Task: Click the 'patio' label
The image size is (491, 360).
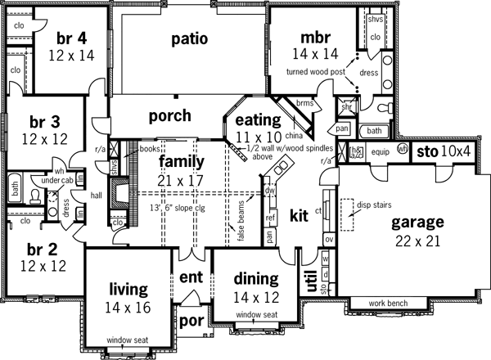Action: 189,39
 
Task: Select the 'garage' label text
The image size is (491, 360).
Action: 417,222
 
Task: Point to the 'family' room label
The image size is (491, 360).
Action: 181,161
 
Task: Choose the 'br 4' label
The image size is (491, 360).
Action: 71,39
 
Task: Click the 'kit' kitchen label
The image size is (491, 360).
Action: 299,216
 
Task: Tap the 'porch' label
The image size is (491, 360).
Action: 170,115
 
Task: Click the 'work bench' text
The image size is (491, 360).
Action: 388,303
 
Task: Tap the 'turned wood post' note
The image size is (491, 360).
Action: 315,72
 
